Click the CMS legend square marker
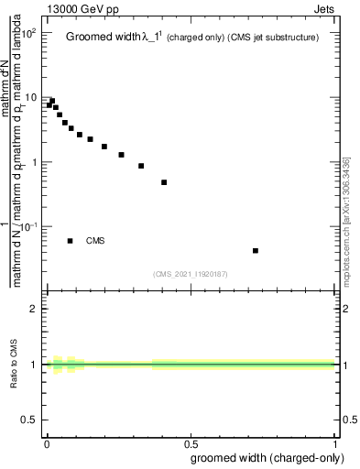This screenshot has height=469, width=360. [71, 241]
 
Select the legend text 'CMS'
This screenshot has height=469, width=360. [95, 241]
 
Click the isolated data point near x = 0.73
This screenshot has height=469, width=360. [256, 250]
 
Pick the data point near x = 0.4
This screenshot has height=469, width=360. [164, 182]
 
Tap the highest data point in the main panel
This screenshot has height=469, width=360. [52, 101]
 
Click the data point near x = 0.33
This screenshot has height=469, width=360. [141, 166]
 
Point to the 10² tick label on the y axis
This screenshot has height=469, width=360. [27, 34]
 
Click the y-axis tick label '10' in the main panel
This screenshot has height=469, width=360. [29, 98]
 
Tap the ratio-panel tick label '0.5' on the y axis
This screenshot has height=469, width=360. [29, 420]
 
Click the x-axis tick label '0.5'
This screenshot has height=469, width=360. [190, 442]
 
